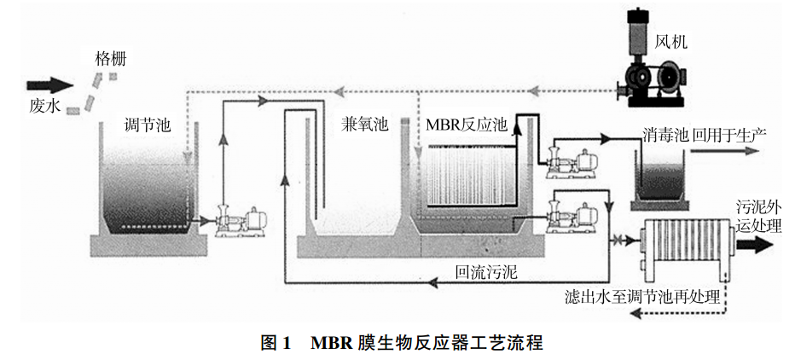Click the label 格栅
(x=115, y=59)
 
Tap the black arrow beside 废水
(x=50, y=85)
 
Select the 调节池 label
(x=147, y=125)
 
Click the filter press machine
(x=682, y=247)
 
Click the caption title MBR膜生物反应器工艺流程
(x=427, y=343)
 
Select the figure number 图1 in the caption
(x=276, y=343)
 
